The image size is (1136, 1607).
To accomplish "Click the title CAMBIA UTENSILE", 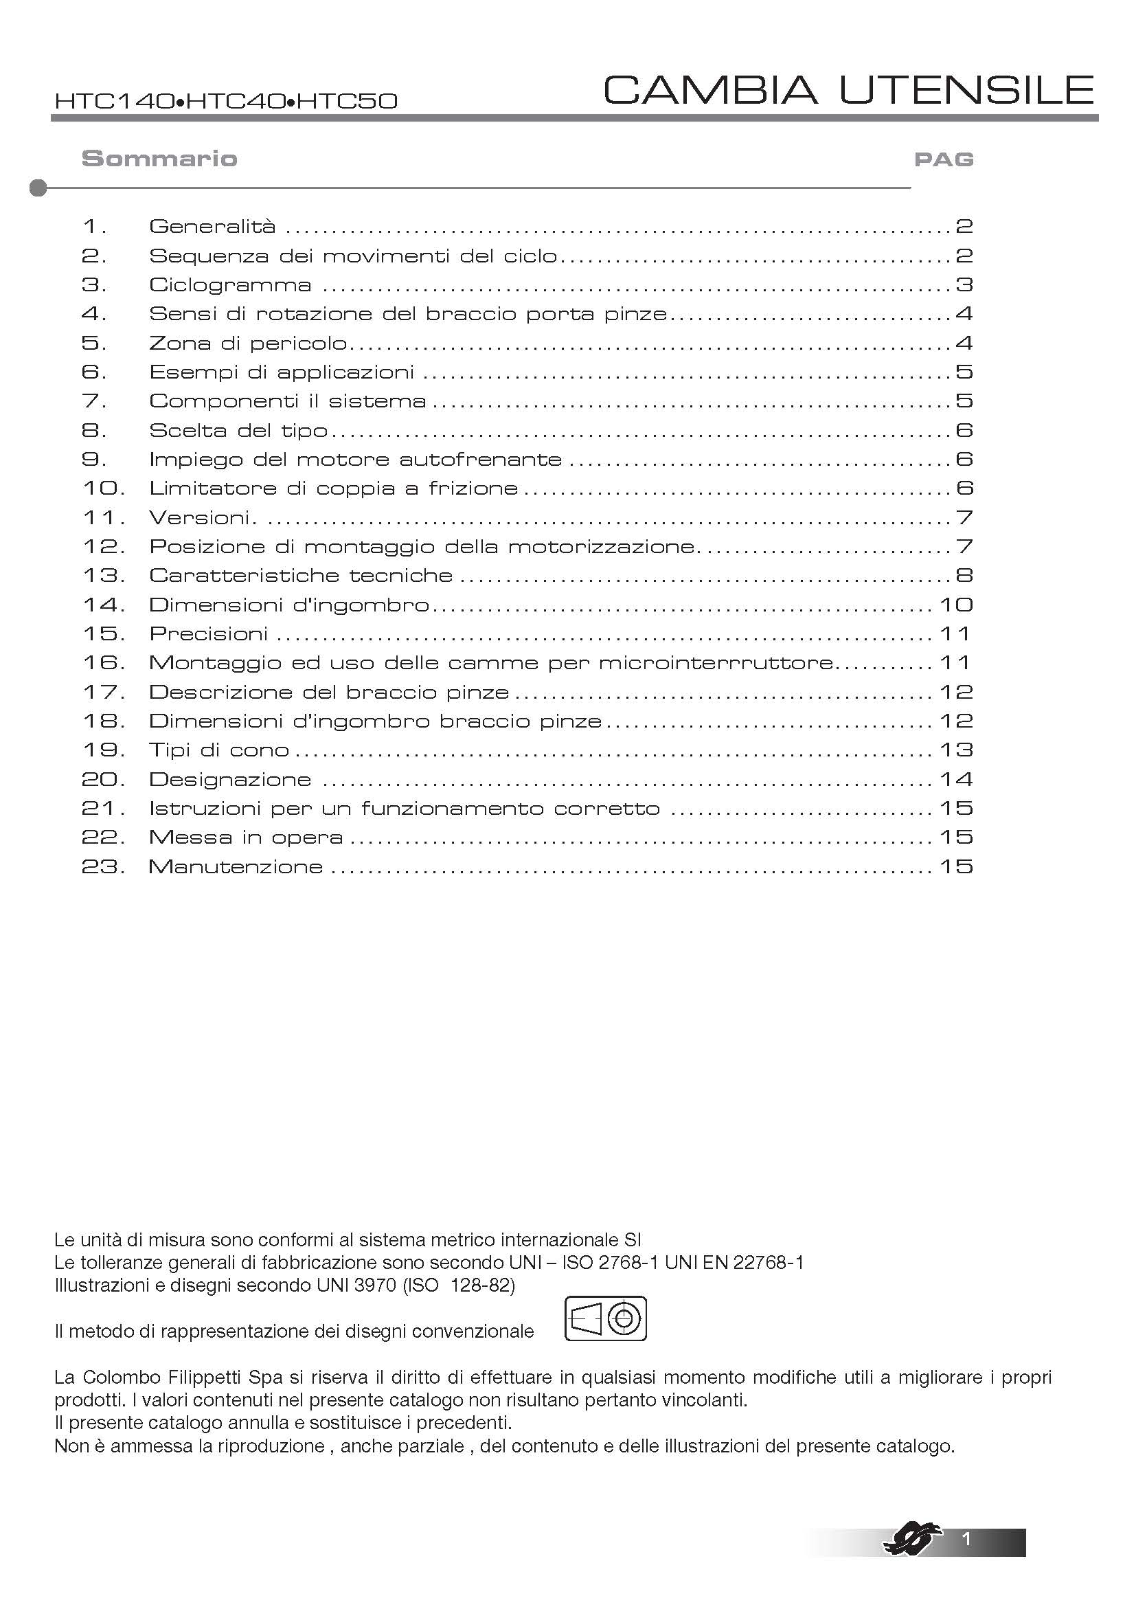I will pyautogui.click(x=848, y=89).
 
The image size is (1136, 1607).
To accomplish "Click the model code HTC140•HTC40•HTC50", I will pyautogui.click(x=226, y=102).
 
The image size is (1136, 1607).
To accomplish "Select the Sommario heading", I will pyautogui.click(x=159, y=158).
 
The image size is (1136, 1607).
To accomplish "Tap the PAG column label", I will pyautogui.click(x=944, y=159).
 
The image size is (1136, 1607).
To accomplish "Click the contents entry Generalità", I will pyautogui.click(x=212, y=226).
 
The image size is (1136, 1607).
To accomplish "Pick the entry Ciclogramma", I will pyautogui.click(x=230, y=285).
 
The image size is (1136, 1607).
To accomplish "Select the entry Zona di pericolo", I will pyautogui.click(x=249, y=343).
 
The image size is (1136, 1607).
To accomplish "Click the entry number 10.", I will pyautogui.click(x=104, y=488).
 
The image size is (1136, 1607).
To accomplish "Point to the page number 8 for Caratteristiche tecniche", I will pyautogui.click(x=964, y=575).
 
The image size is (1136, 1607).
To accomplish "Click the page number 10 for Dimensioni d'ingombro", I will pyautogui.click(x=955, y=605).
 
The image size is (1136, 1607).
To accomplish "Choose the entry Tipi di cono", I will pyautogui.click(x=219, y=750).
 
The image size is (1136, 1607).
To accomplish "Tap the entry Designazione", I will pyautogui.click(x=230, y=779).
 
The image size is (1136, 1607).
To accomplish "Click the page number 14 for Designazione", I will pyautogui.click(x=955, y=779).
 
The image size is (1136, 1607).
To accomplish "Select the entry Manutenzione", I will pyautogui.click(x=236, y=866).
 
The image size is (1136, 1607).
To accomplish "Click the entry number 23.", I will pyautogui.click(x=104, y=866).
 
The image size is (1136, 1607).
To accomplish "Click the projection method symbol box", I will pyautogui.click(x=605, y=1318).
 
